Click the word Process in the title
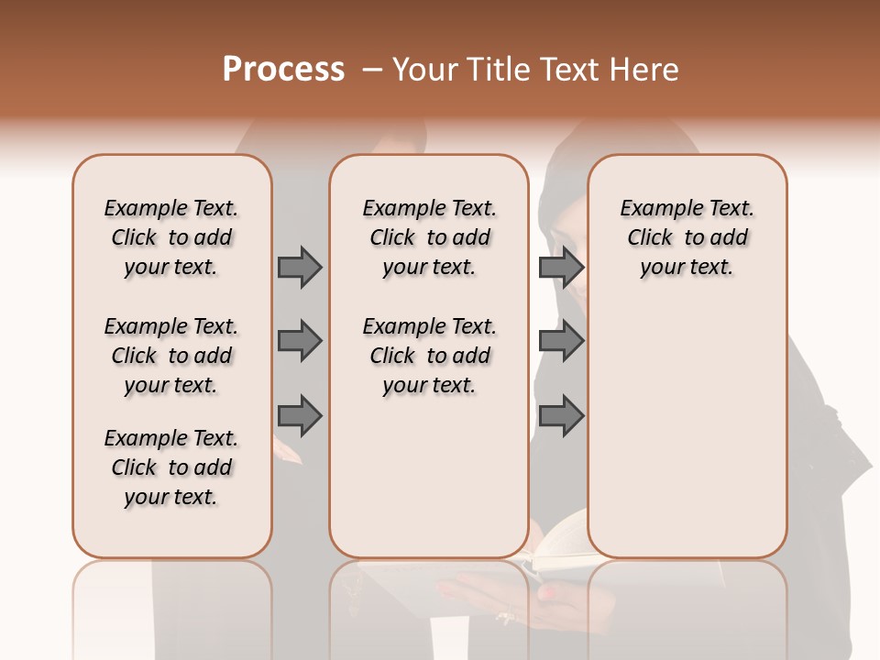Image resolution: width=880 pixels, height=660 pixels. (x=283, y=70)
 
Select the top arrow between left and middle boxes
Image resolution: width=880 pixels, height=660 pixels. (x=300, y=267)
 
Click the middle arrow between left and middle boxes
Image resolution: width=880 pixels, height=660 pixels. (x=300, y=341)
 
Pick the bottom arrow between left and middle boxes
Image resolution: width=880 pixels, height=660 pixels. (x=300, y=416)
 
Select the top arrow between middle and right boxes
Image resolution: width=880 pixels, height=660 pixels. (x=561, y=267)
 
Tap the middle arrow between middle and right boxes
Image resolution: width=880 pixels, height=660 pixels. (x=561, y=341)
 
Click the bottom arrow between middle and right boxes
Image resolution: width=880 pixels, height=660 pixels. (x=561, y=416)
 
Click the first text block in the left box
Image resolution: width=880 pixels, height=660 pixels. (x=171, y=237)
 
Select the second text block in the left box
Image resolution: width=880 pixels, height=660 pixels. (x=171, y=356)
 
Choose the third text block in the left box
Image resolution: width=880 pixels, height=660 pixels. (x=171, y=467)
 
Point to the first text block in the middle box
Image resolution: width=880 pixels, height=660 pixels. (x=429, y=237)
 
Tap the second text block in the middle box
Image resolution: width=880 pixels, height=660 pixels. (x=429, y=356)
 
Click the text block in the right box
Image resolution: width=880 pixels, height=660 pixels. (x=687, y=237)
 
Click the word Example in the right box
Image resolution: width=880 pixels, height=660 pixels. (x=655, y=209)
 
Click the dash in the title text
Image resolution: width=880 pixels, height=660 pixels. (x=372, y=70)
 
